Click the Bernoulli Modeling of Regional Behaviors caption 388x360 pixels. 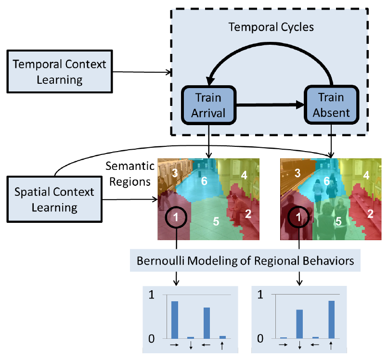pos(246,261)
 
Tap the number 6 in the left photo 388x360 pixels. pos(204,180)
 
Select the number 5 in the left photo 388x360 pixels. pos(216,221)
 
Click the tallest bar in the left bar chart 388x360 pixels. pos(175,320)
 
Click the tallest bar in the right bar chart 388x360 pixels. pos(331,320)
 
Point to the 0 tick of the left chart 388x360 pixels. pos(152,338)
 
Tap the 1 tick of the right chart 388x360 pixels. pos(260,295)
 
